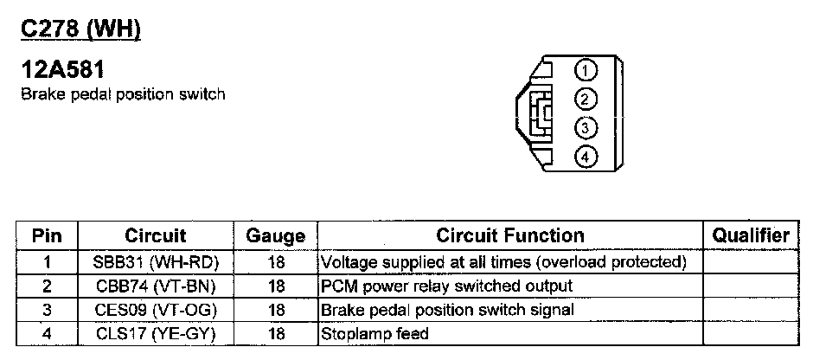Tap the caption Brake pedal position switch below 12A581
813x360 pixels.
(x=122, y=93)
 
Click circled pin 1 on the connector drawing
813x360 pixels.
(x=586, y=69)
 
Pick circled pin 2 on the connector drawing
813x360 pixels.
(x=586, y=99)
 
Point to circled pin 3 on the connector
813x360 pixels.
(x=586, y=128)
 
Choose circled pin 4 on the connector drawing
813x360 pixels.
(x=586, y=157)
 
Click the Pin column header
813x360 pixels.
(x=48, y=235)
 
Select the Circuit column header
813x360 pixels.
(x=156, y=235)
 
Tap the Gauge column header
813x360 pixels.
(x=276, y=235)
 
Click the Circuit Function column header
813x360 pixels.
(x=510, y=235)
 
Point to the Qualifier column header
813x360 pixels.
(x=750, y=235)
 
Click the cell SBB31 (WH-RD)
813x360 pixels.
(x=156, y=260)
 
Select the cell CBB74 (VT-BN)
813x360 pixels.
(x=156, y=285)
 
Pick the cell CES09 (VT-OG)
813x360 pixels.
(x=156, y=309)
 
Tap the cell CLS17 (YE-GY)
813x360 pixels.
(x=156, y=332)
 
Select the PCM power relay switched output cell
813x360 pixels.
(x=446, y=285)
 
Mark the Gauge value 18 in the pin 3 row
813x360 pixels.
(x=277, y=309)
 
